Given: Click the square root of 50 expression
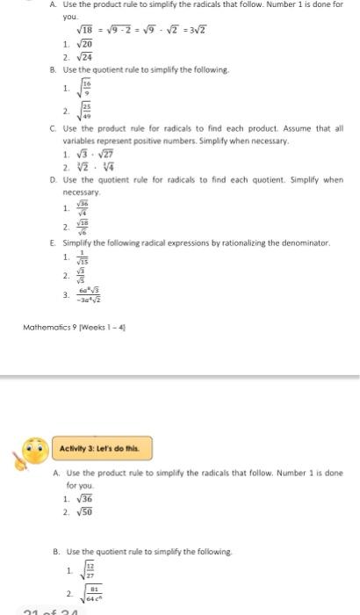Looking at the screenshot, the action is [86, 510].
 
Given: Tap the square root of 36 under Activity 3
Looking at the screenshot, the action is [86, 498].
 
